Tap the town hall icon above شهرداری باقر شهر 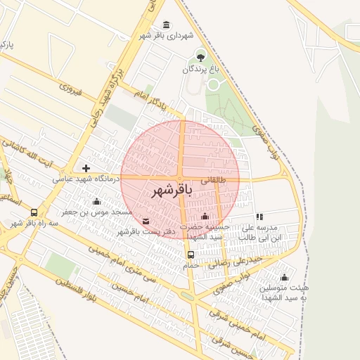(x=166, y=25)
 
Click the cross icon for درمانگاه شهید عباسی (x=86, y=168)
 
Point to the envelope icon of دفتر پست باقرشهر (x=146, y=221)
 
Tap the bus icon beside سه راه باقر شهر (x=34, y=212)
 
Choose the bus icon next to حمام (x=191, y=255)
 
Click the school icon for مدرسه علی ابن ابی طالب (x=259, y=217)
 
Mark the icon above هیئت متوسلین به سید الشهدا (x=284, y=277)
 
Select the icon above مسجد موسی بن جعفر (x=96, y=201)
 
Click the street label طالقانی (x=214, y=180)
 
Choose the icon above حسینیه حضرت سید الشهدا (x=205, y=216)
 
